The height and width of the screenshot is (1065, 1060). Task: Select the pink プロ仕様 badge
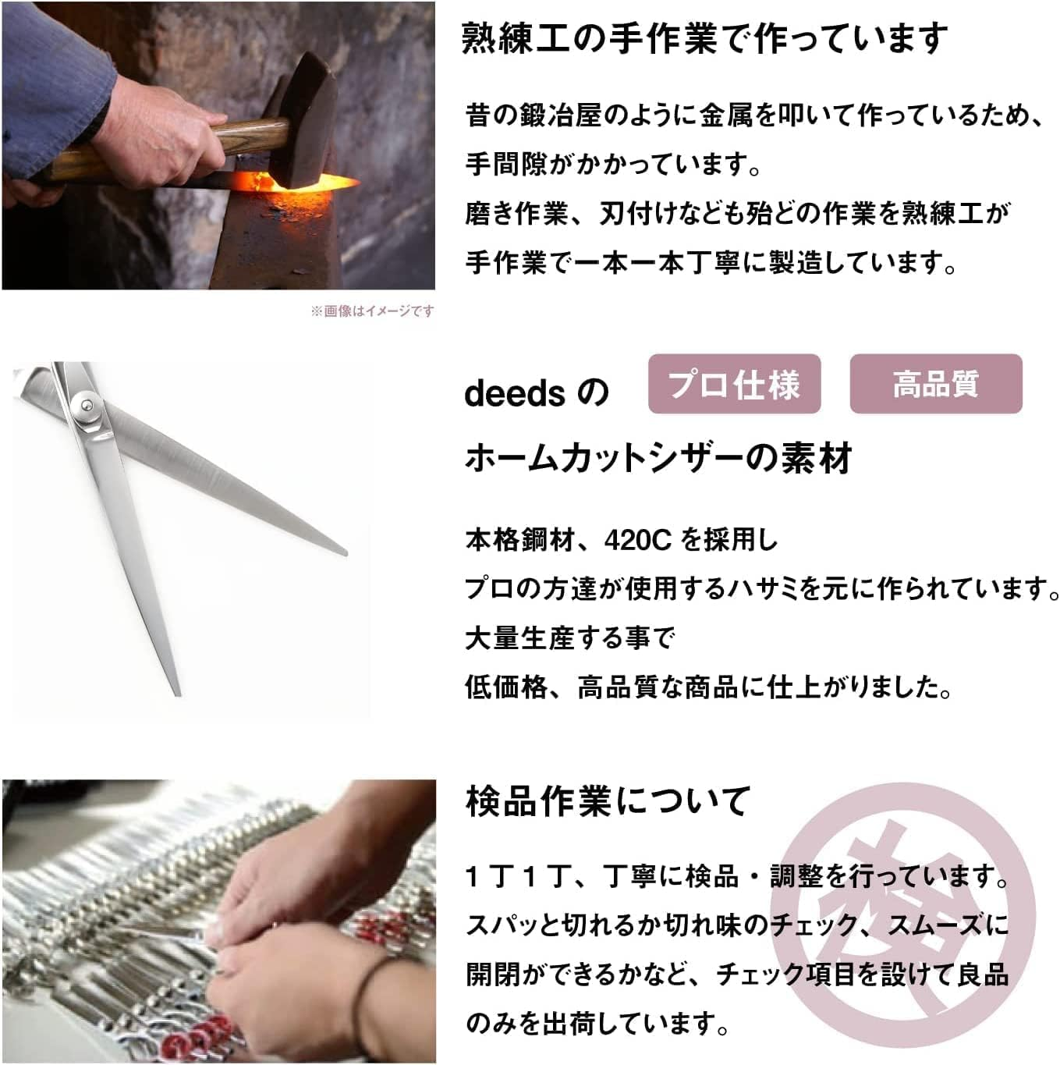(734, 384)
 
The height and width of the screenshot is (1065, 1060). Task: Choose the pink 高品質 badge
(935, 384)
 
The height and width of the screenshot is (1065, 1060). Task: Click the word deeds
(514, 392)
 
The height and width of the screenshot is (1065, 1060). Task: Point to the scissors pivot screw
(85, 404)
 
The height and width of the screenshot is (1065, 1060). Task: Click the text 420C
(637, 539)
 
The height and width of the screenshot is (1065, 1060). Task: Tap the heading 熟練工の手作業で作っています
(704, 38)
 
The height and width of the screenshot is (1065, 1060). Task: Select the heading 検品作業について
(608, 801)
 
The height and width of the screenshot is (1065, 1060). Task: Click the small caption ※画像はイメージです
(372, 311)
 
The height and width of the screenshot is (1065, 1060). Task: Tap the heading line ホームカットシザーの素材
(658, 458)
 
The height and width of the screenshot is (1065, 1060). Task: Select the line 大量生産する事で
(569, 638)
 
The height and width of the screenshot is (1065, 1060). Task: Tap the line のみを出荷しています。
(597, 1023)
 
